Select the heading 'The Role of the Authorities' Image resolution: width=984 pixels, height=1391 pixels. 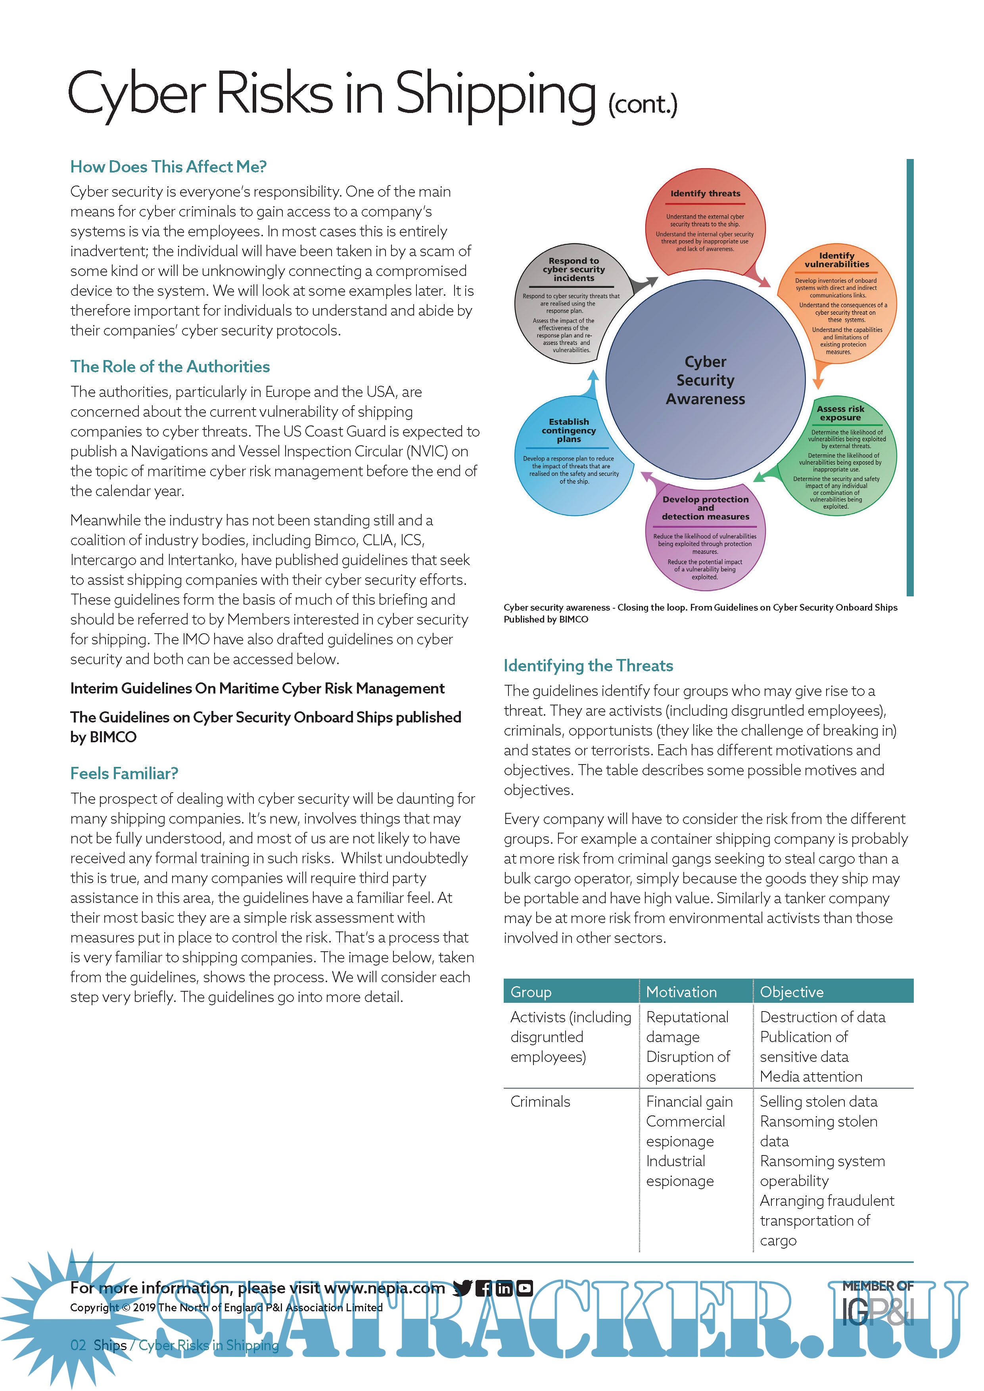click(170, 366)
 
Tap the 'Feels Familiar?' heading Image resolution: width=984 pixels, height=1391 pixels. click(124, 773)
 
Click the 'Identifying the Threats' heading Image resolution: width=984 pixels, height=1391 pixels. click(588, 665)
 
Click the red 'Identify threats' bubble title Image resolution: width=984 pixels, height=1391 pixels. click(705, 193)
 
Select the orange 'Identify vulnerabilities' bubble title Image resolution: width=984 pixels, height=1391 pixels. click(837, 260)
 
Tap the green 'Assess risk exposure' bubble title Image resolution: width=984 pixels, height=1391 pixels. click(840, 413)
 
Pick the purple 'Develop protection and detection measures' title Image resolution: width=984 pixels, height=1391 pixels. click(705, 508)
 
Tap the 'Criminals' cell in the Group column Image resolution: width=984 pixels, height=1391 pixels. click(540, 1102)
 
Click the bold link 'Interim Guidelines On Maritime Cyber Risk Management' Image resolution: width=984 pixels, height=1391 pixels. click(257, 688)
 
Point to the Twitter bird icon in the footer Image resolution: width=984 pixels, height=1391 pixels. click(462, 1288)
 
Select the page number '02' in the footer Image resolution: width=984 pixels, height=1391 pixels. click(78, 1345)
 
